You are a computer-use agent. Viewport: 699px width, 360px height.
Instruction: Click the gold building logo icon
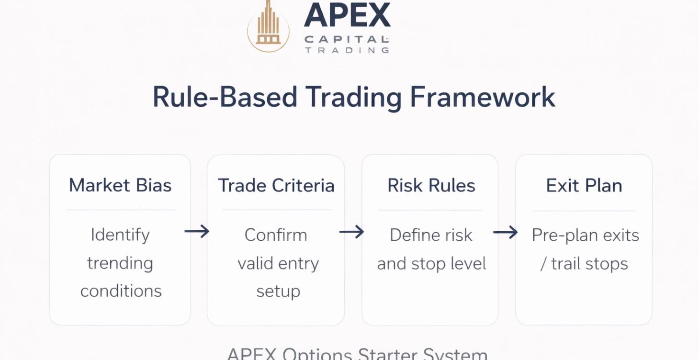[x=268, y=27]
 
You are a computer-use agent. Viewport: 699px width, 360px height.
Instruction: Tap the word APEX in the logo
[x=347, y=15]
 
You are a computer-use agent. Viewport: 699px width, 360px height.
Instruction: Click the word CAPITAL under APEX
[x=346, y=39]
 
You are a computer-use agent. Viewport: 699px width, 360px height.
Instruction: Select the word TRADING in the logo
[x=347, y=50]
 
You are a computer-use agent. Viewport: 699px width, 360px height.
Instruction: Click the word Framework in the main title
[x=483, y=97]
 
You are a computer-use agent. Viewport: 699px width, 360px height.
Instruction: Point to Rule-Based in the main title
[x=225, y=97]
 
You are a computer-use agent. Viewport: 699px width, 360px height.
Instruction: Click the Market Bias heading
[x=120, y=186]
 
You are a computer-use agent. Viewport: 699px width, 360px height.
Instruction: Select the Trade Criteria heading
[x=276, y=186]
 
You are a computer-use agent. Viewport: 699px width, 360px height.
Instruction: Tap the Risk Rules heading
[x=431, y=186]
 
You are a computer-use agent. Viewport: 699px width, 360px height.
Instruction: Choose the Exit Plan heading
[x=584, y=186]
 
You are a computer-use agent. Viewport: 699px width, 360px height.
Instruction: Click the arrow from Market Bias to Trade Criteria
[x=197, y=232]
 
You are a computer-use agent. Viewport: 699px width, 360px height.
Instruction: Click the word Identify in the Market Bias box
[x=120, y=235]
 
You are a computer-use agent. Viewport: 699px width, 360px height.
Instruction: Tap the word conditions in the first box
[x=121, y=291]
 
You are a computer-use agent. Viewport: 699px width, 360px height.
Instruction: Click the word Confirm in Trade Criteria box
[x=276, y=235]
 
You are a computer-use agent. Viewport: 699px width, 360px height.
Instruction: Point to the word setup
[x=278, y=292]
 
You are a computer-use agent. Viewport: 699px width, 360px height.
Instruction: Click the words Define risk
[x=431, y=235]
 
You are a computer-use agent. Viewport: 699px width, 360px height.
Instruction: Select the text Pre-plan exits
[x=585, y=235]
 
